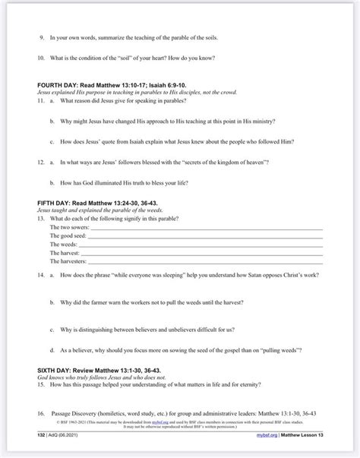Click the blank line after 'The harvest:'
203,253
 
